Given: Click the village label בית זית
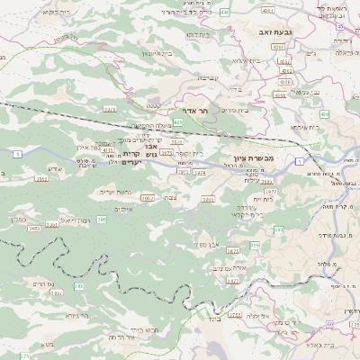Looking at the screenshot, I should click(261, 198).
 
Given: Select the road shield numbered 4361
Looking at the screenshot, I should click(268, 10).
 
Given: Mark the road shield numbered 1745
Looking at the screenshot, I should click(237, 315).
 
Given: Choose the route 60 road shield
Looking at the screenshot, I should click(330, 322).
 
